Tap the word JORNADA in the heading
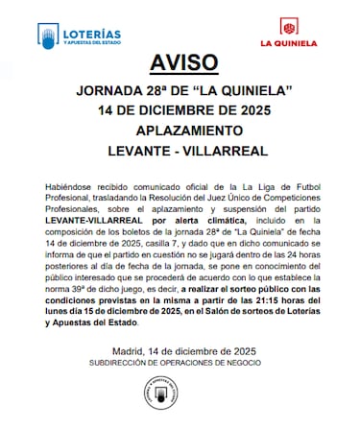tap(109, 91)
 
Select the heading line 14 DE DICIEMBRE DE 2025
tap(180, 110)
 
